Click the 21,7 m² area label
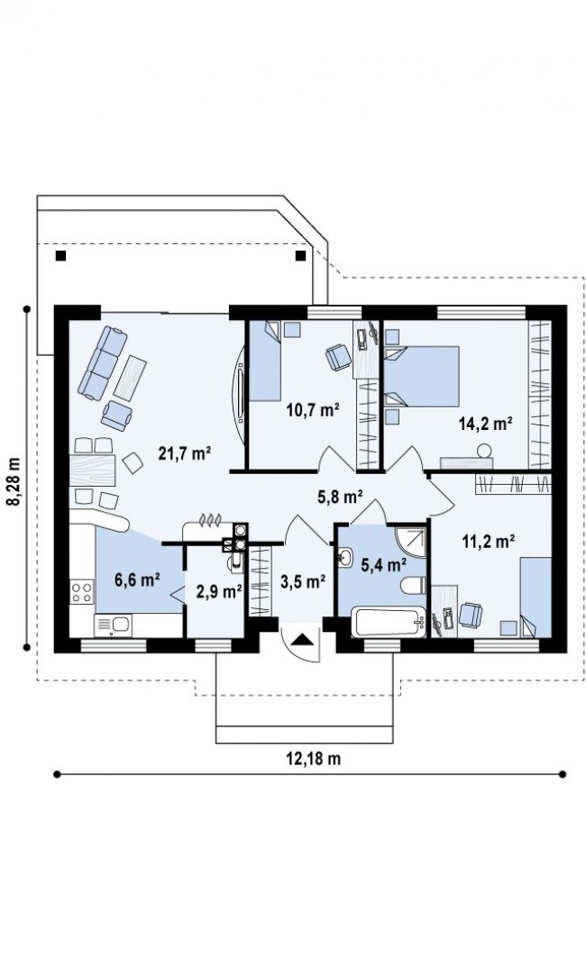tap(184, 453)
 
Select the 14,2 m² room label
tap(486, 425)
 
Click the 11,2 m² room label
tap(488, 541)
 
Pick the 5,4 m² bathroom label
tap(384, 565)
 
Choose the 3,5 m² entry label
tap(303, 582)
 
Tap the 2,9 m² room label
tap(219, 591)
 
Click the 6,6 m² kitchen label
tap(137, 580)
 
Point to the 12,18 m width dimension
tap(314, 758)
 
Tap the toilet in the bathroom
tap(413, 585)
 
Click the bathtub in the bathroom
tap(389, 623)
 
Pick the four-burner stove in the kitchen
tap(82, 591)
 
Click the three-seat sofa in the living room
tap(102, 362)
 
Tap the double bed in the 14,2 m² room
tap(421, 377)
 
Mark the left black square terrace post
tap(60, 255)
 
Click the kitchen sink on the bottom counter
tap(113, 625)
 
